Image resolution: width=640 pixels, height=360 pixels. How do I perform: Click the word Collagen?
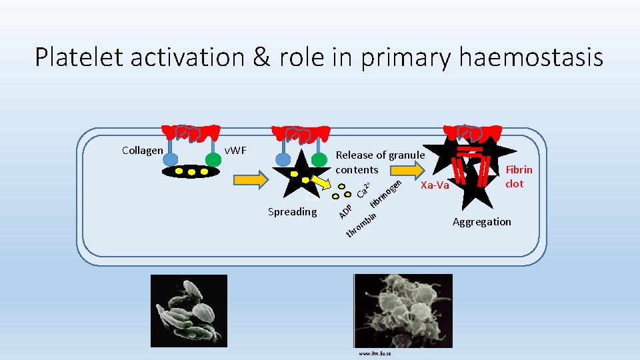(142, 150)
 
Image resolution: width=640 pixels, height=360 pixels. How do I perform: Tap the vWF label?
(235, 150)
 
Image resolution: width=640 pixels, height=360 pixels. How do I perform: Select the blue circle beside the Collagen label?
(171, 159)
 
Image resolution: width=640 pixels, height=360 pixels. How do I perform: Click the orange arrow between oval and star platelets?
(251, 180)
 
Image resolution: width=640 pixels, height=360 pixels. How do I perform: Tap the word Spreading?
(292, 212)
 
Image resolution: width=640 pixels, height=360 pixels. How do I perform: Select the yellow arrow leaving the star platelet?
(322, 184)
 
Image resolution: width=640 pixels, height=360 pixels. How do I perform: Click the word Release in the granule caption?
(355, 155)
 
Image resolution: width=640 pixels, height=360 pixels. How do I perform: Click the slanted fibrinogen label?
(387, 193)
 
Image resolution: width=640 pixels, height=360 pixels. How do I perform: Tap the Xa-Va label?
(435, 185)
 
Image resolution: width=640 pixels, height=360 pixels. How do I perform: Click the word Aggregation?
(482, 221)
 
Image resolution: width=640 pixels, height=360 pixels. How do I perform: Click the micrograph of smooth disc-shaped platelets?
(189, 311)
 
